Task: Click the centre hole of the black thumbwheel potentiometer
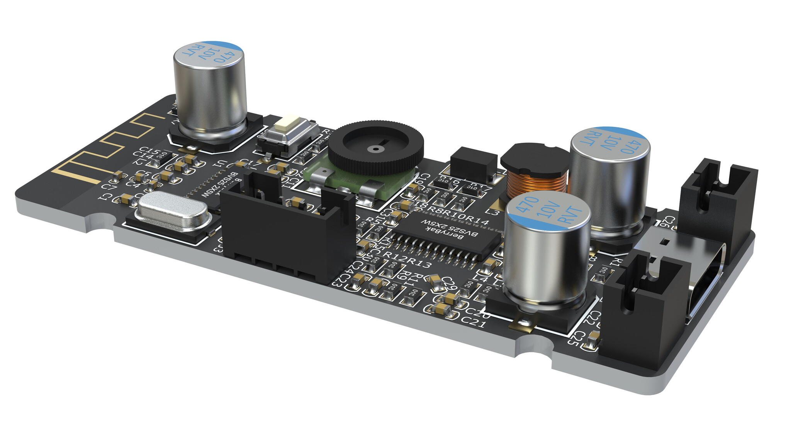point(375,148)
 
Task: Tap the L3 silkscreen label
point(493,212)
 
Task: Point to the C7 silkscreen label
point(109,185)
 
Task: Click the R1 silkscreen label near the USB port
point(615,262)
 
